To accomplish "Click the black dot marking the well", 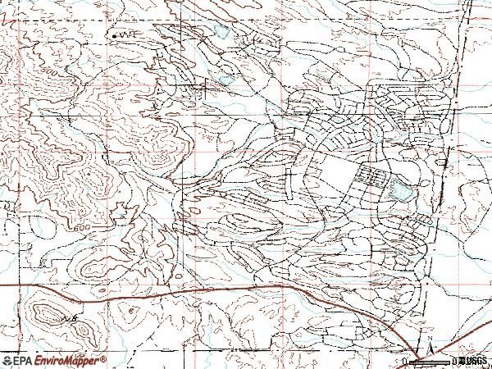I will [x=112, y=36].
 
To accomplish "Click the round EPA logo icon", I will [x=8, y=360].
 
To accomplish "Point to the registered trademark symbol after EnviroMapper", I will [x=104, y=358].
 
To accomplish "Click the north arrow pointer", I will [x=429, y=348].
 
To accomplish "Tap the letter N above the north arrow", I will [x=429, y=335].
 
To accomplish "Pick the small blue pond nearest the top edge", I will [x=221, y=33].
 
